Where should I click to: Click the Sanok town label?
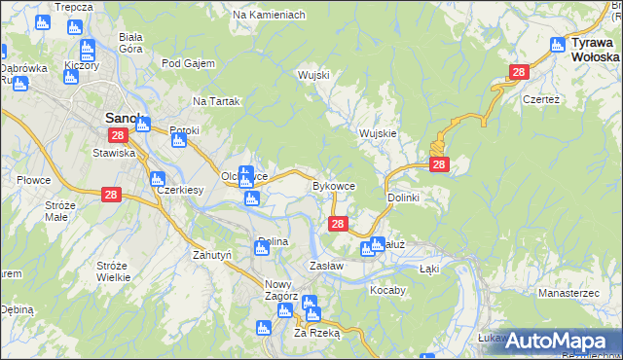click(124, 119)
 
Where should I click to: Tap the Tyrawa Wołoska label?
click(596, 50)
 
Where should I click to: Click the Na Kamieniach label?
click(269, 16)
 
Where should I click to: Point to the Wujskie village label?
click(378, 133)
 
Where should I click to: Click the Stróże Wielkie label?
click(113, 271)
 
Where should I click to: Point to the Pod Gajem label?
click(188, 63)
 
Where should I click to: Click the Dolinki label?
click(403, 198)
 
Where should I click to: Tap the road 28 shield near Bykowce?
click(337, 224)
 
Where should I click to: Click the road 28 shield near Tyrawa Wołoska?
click(519, 72)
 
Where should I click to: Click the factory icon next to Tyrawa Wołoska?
click(558, 44)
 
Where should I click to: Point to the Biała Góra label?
click(130, 43)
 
